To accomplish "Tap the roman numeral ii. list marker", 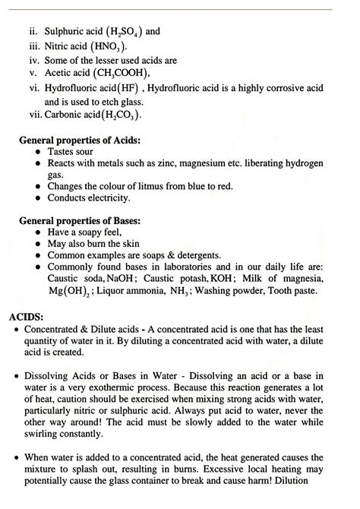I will (30, 32).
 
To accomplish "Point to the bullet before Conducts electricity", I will (38, 198).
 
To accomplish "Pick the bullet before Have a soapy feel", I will (38, 232).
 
